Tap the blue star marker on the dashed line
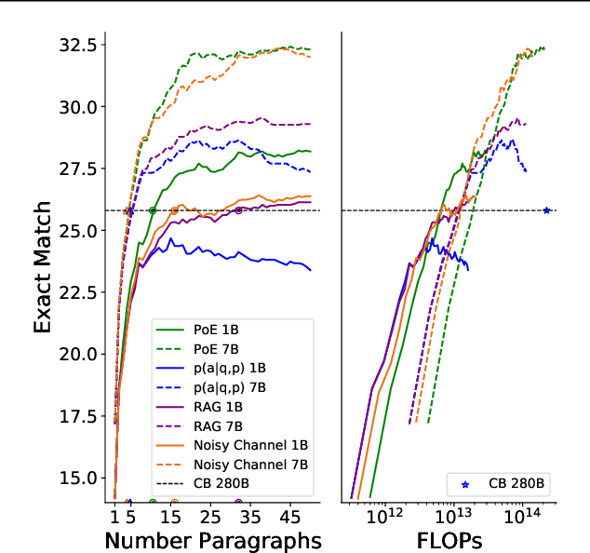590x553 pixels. pyautogui.click(x=546, y=210)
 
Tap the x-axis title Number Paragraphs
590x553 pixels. pyautogui.click(x=213, y=540)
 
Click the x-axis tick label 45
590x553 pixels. pyautogui.click(x=290, y=515)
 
